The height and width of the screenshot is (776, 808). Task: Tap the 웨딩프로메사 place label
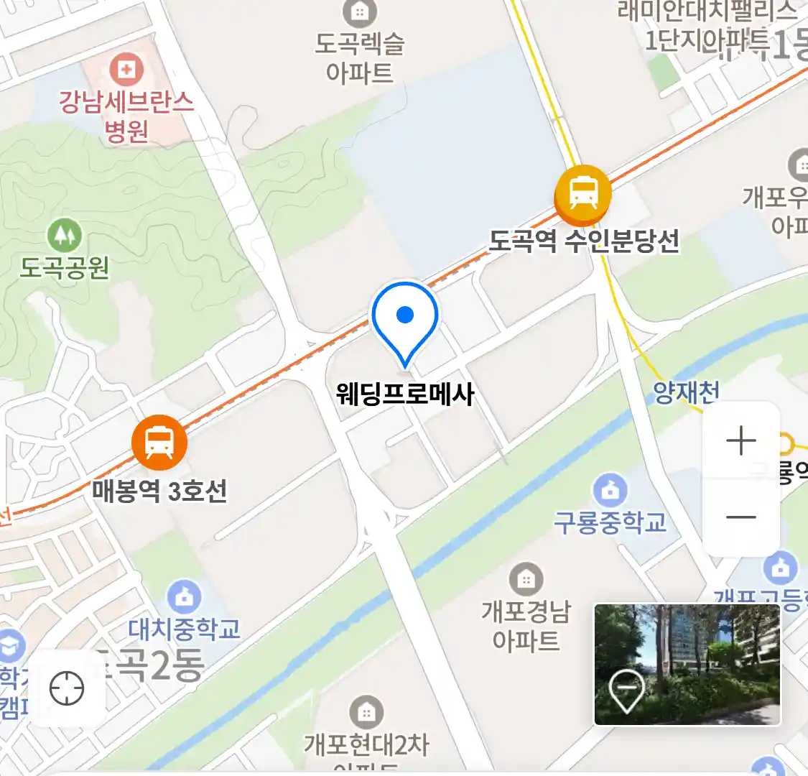pyautogui.click(x=405, y=394)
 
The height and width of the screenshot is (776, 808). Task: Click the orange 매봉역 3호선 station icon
pyautogui.click(x=159, y=442)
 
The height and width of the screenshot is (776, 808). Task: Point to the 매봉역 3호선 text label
pyautogui.click(x=159, y=491)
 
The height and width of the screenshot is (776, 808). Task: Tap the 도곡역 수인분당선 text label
pyautogui.click(x=584, y=241)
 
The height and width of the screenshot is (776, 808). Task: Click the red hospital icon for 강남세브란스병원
pyautogui.click(x=126, y=70)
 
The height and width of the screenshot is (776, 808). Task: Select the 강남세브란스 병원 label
pyautogui.click(x=126, y=116)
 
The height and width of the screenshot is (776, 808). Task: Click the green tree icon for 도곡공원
pyautogui.click(x=65, y=234)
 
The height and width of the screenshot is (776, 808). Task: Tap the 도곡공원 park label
pyautogui.click(x=65, y=268)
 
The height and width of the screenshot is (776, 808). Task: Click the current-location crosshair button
pyautogui.click(x=67, y=688)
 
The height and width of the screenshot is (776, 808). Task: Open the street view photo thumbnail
pyautogui.click(x=687, y=664)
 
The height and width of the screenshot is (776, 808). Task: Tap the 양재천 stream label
pyautogui.click(x=686, y=392)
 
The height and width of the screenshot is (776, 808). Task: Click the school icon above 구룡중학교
pyautogui.click(x=610, y=491)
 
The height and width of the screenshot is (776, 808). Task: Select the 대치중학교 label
pyautogui.click(x=184, y=629)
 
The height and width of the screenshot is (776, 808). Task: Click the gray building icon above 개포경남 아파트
pyautogui.click(x=526, y=579)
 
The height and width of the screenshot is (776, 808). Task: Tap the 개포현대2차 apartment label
pyautogui.click(x=366, y=745)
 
